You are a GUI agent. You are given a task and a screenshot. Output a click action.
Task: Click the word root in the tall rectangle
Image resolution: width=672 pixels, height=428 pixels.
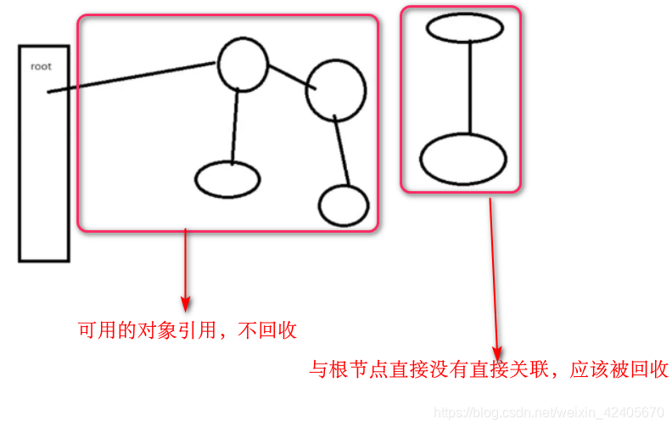tap(41, 65)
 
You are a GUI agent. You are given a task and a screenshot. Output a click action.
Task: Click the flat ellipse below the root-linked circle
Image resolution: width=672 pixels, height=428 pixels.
tap(227, 179)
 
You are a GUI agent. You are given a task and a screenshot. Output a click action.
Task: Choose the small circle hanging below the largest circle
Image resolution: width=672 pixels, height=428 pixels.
tap(344, 206)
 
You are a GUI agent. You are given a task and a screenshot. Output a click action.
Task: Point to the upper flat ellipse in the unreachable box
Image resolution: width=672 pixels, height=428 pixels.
tap(465, 27)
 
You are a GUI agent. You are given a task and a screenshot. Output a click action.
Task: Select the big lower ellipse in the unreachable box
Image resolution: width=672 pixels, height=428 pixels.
tap(462, 158)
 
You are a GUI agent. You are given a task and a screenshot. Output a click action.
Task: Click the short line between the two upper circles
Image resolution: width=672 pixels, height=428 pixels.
tap(287, 76)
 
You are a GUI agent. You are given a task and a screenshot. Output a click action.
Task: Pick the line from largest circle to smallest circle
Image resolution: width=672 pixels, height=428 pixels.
tap(342, 153)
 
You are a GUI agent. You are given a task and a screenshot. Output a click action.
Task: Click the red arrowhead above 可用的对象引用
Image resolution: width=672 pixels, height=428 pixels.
tap(186, 303)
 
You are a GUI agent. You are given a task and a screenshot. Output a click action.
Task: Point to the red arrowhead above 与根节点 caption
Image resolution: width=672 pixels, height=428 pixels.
tap(498, 351)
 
